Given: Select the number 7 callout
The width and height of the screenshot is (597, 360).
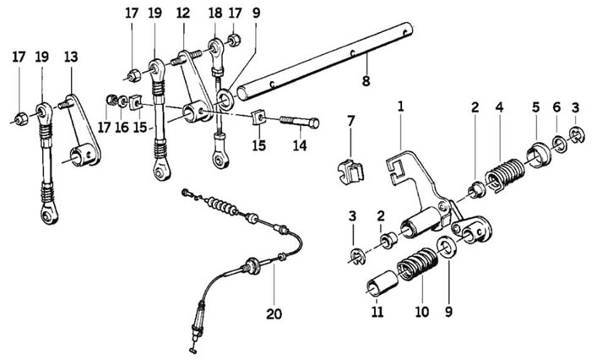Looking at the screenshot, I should (x=350, y=123).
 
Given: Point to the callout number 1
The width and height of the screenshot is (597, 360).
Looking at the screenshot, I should (x=401, y=107).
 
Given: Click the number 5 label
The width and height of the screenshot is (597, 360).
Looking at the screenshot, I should (x=535, y=107).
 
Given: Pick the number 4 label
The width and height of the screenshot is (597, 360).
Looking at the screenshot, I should (x=499, y=107).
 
